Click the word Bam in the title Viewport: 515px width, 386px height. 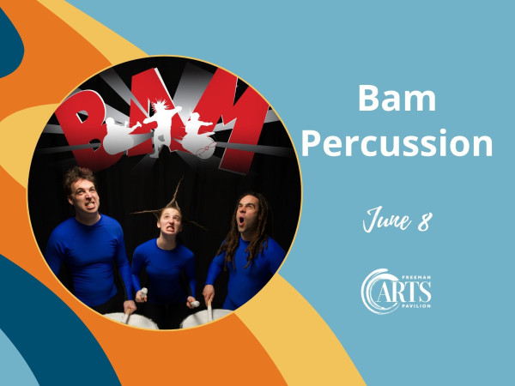click(397, 98)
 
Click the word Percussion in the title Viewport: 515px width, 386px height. click(397, 142)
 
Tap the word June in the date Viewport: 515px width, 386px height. click(387, 219)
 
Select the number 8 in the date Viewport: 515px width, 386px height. click(425, 221)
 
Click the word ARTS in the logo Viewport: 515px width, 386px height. click(403, 292)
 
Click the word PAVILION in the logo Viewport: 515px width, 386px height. click(416, 306)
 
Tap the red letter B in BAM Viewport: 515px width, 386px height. click(84, 128)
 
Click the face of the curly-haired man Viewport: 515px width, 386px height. click(85, 197)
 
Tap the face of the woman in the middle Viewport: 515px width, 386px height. click(169, 221)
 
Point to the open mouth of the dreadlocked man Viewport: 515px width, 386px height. click(241, 220)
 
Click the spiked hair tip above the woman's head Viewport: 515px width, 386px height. click(181, 180)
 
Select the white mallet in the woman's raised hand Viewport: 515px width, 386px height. click(144, 293)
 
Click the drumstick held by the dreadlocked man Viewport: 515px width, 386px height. click(209, 309)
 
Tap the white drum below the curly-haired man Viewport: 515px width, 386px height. click(131, 320)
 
